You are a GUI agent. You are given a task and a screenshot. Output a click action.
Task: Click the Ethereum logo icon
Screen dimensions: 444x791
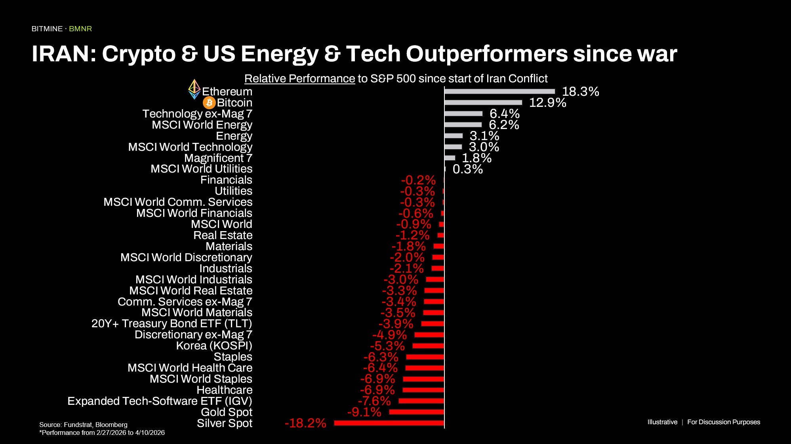pos(194,89)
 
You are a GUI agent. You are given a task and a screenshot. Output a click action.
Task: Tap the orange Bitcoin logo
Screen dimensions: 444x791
pos(209,103)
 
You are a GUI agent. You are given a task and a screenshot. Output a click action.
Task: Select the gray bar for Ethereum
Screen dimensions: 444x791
pos(499,91)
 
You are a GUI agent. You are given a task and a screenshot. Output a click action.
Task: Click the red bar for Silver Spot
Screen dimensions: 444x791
pos(389,423)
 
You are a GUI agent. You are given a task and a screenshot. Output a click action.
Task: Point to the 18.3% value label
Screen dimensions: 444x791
pos(580,91)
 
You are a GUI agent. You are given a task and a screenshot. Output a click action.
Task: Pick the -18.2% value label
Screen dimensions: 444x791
pos(305,423)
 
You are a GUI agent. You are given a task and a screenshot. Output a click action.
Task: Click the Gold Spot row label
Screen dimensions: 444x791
pos(227,412)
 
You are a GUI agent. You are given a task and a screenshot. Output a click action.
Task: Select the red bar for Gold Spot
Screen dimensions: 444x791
pos(416,412)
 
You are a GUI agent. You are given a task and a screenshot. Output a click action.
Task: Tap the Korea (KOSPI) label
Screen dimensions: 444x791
pos(214,345)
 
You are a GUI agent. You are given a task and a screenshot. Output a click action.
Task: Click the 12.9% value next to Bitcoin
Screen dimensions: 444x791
pos(547,102)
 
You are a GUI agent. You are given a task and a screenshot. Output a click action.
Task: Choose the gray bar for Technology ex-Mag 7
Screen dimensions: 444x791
pos(463,114)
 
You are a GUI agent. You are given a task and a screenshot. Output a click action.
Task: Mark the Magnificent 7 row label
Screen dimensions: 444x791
pos(218,158)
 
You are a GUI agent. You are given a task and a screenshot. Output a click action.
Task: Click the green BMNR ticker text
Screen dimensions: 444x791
pos(80,29)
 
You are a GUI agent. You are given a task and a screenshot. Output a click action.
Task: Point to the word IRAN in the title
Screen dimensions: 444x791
pos(64,54)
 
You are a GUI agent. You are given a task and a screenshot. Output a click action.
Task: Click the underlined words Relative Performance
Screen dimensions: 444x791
pos(299,78)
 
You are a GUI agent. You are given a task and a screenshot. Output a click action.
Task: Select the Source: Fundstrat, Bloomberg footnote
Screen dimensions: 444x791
pos(83,425)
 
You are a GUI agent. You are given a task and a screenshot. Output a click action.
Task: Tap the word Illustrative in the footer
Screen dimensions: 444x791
pos(662,422)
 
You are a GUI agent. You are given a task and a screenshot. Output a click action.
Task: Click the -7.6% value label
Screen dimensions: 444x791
pos(374,401)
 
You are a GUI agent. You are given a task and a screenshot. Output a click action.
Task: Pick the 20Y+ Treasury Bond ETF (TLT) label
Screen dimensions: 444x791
pos(172,323)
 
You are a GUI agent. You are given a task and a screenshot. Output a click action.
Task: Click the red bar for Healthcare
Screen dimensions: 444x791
pos(423,390)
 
